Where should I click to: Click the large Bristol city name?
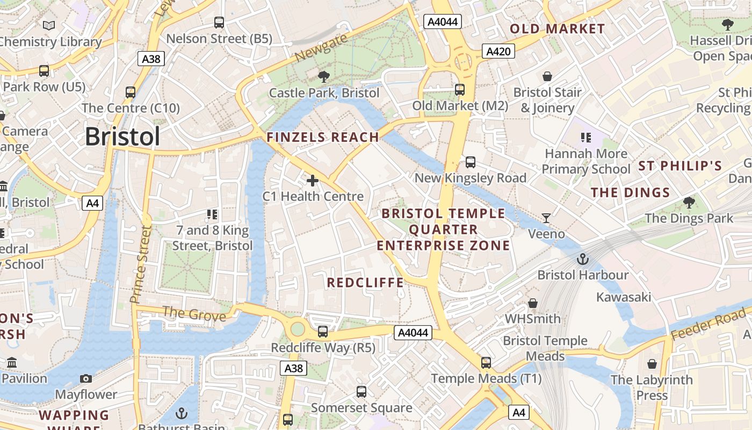tap(122, 137)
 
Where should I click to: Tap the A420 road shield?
tap(498, 51)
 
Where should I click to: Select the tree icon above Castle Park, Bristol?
tap(324, 77)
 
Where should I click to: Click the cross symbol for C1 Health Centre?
tap(313, 181)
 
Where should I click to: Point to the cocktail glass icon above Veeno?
tap(546, 218)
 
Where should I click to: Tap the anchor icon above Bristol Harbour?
tap(583, 260)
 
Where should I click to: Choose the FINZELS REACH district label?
tap(323, 137)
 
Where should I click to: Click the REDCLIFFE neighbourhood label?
tap(365, 283)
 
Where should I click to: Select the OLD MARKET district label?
tap(557, 29)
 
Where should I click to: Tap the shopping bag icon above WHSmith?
tap(533, 303)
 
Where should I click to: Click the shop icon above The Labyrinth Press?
tap(652, 364)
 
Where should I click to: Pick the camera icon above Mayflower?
tap(86, 379)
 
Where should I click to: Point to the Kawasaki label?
tap(624, 297)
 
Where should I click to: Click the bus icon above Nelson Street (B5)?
tap(219, 23)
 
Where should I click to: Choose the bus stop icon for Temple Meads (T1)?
tap(486, 363)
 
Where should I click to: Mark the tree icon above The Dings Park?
tap(689, 203)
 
